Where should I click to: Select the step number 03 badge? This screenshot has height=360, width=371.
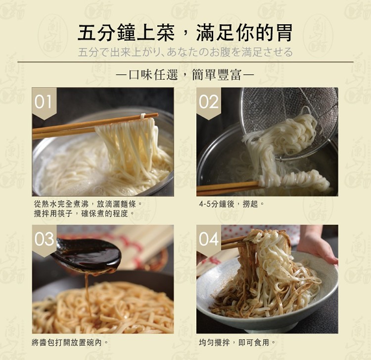[x=44, y=241]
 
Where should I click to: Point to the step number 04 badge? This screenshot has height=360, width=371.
[x=208, y=241]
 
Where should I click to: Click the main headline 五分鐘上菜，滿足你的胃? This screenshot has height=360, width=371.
[x=185, y=33]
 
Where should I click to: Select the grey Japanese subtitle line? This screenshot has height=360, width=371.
[x=185, y=52]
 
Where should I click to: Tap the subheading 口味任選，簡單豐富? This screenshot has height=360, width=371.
[x=185, y=75]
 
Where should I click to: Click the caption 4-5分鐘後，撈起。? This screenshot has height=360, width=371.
[x=232, y=204]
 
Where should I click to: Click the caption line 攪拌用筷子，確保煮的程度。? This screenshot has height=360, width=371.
[x=84, y=213]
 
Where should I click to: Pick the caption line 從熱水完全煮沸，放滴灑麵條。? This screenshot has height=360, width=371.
[x=88, y=204]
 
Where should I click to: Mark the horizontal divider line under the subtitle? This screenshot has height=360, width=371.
[x=185, y=62]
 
